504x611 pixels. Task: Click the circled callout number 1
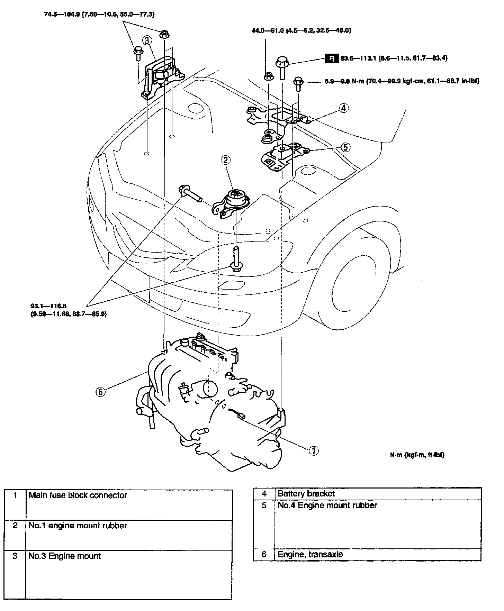point(313,450)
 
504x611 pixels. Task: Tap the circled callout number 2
point(225,160)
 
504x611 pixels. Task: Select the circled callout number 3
point(147,40)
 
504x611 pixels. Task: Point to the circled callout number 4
point(343,108)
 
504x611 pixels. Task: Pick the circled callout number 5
point(345,147)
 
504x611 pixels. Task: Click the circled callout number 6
point(100,392)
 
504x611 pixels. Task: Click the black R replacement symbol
point(332,58)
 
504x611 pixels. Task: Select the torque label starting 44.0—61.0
point(301,30)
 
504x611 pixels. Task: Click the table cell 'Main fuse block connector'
point(78,495)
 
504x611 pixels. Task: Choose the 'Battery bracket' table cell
point(306,493)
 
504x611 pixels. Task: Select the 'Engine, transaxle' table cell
point(310,554)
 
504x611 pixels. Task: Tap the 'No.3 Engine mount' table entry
point(65,556)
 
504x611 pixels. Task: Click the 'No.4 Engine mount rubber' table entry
point(327,505)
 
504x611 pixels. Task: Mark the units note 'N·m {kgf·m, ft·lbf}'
point(417,455)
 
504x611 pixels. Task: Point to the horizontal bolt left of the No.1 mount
point(190,194)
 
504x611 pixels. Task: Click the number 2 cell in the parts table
point(15,526)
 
